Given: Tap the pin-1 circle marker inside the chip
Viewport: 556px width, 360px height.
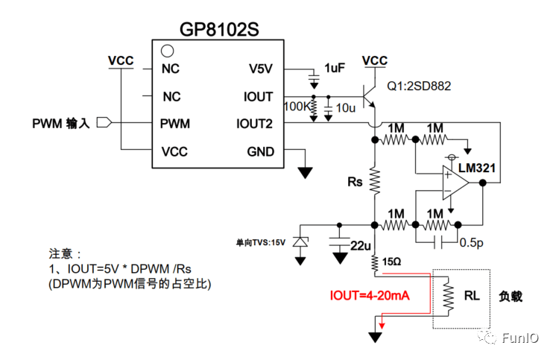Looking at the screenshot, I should click(168, 52).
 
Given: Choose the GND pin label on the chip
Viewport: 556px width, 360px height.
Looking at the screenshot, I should click(260, 152).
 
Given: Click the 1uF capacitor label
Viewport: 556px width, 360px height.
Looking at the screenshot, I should click(335, 68).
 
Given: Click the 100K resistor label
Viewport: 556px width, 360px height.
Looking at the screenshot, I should click(298, 107).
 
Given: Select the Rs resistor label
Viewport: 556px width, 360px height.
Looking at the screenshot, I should click(355, 181).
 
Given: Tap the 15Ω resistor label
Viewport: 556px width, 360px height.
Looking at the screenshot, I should click(393, 262).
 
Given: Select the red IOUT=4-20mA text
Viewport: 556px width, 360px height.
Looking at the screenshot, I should click(370, 296).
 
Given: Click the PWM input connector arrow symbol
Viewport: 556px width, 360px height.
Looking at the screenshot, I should click(104, 123).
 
